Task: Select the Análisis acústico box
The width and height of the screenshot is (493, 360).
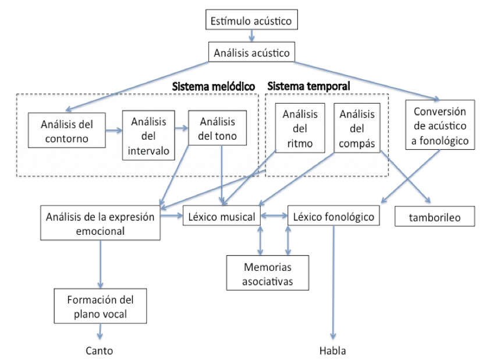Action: tap(252, 53)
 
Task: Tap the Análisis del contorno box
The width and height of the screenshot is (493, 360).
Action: tap(68, 131)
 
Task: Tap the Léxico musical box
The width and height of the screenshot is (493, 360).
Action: tap(222, 217)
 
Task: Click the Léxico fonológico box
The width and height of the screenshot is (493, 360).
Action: tap(334, 217)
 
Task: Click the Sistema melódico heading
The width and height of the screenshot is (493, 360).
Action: tap(214, 86)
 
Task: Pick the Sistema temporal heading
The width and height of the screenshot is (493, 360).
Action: tap(308, 86)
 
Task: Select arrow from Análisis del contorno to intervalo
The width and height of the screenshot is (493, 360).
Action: tap(114, 132)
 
